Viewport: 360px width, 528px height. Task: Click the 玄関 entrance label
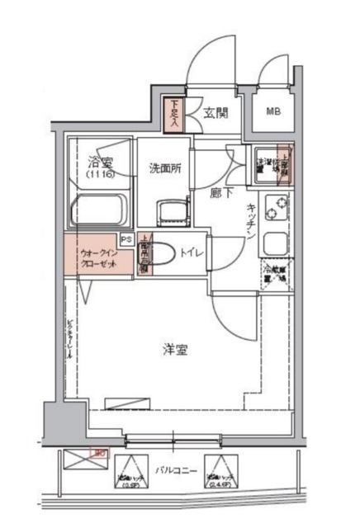pyautogui.click(x=216, y=114)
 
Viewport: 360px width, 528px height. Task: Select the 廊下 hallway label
pyautogui.click(x=220, y=193)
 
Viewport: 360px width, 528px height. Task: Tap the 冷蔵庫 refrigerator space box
pyautogui.click(x=276, y=271)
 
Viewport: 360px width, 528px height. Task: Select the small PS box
pyautogui.click(x=126, y=238)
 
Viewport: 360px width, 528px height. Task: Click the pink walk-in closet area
pyautogui.click(x=97, y=257)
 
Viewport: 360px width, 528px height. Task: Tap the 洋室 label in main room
pyautogui.click(x=174, y=349)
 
